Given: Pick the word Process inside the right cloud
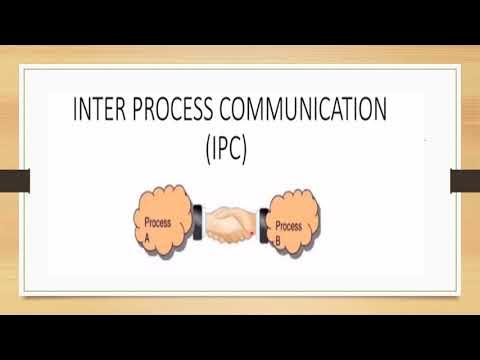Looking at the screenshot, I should click(289, 227).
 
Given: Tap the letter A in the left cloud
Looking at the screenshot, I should click(146, 240).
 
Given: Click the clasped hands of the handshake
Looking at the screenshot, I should click(231, 225).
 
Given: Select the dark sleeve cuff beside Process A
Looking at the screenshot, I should click(199, 220).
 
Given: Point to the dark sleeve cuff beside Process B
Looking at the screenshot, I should click(263, 223).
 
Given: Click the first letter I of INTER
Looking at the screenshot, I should click(75, 109).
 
